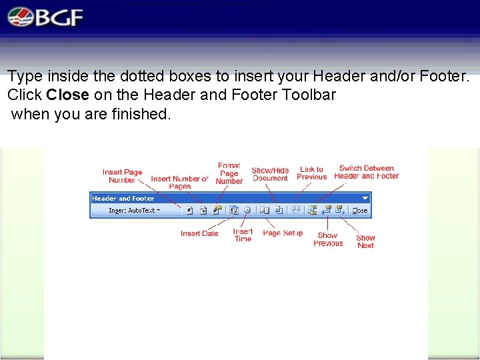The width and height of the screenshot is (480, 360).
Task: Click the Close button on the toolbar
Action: click(x=359, y=210)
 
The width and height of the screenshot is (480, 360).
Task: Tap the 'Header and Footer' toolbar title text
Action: click(x=123, y=198)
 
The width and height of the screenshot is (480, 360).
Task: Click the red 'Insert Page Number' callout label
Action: click(x=122, y=176)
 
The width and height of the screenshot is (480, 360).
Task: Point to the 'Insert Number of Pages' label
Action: click(x=179, y=182)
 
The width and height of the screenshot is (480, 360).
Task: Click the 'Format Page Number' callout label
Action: click(x=229, y=173)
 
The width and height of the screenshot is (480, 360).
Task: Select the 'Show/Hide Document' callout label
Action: click(x=270, y=174)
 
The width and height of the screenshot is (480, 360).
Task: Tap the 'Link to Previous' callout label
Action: click(x=311, y=173)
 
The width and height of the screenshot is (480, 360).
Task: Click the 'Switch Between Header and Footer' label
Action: click(x=366, y=172)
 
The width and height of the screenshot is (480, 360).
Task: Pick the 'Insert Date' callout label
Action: click(x=199, y=233)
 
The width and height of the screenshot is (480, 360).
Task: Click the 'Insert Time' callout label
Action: click(x=243, y=235)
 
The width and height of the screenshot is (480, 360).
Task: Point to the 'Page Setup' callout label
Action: click(x=283, y=233)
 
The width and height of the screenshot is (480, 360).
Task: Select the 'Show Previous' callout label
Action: click(x=327, y=239)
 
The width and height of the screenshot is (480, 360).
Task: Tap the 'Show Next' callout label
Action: click(x=365, y=241)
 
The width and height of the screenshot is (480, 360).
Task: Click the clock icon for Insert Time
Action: click(x=247, y=210)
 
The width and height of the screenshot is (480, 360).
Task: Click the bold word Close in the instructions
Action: click(x=67, y=95)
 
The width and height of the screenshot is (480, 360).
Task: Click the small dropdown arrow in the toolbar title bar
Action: click(x=365, y=198)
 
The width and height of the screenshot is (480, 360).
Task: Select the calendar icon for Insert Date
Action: click(x=234, y=210)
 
